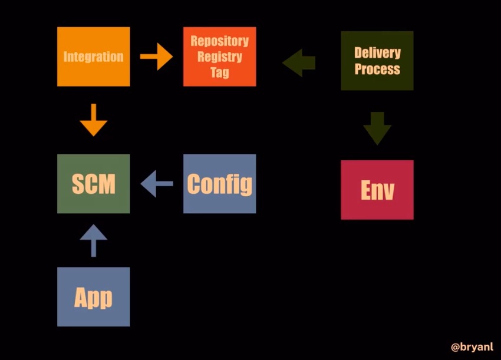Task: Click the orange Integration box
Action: (x=94, y=57)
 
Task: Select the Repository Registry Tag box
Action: (x=219, y=57)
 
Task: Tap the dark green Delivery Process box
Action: (x=377, y=61)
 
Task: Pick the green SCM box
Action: (x=94, y=184)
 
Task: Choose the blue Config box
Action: (x=219, y=184)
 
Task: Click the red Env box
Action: (x=377, y=190)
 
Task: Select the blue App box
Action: (x=94, y=297)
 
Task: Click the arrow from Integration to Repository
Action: (x=157, y=57)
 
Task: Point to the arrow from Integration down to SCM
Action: (x=94, y=120)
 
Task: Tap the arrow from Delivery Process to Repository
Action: (x=299, y=62)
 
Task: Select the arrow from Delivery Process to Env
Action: (x=377, y=128)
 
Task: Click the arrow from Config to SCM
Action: (x=157, y=184)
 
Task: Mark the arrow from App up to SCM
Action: (x=94, y=240)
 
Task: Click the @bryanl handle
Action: (x=472, y=347)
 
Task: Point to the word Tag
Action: (x=219, y=72)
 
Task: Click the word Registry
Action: (x=219, y=57)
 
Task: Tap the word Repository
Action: (x=219, y=41)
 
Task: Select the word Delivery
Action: (x=377, y=52)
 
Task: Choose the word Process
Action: (x=377, y=69)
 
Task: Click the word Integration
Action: (x=93, y=57)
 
